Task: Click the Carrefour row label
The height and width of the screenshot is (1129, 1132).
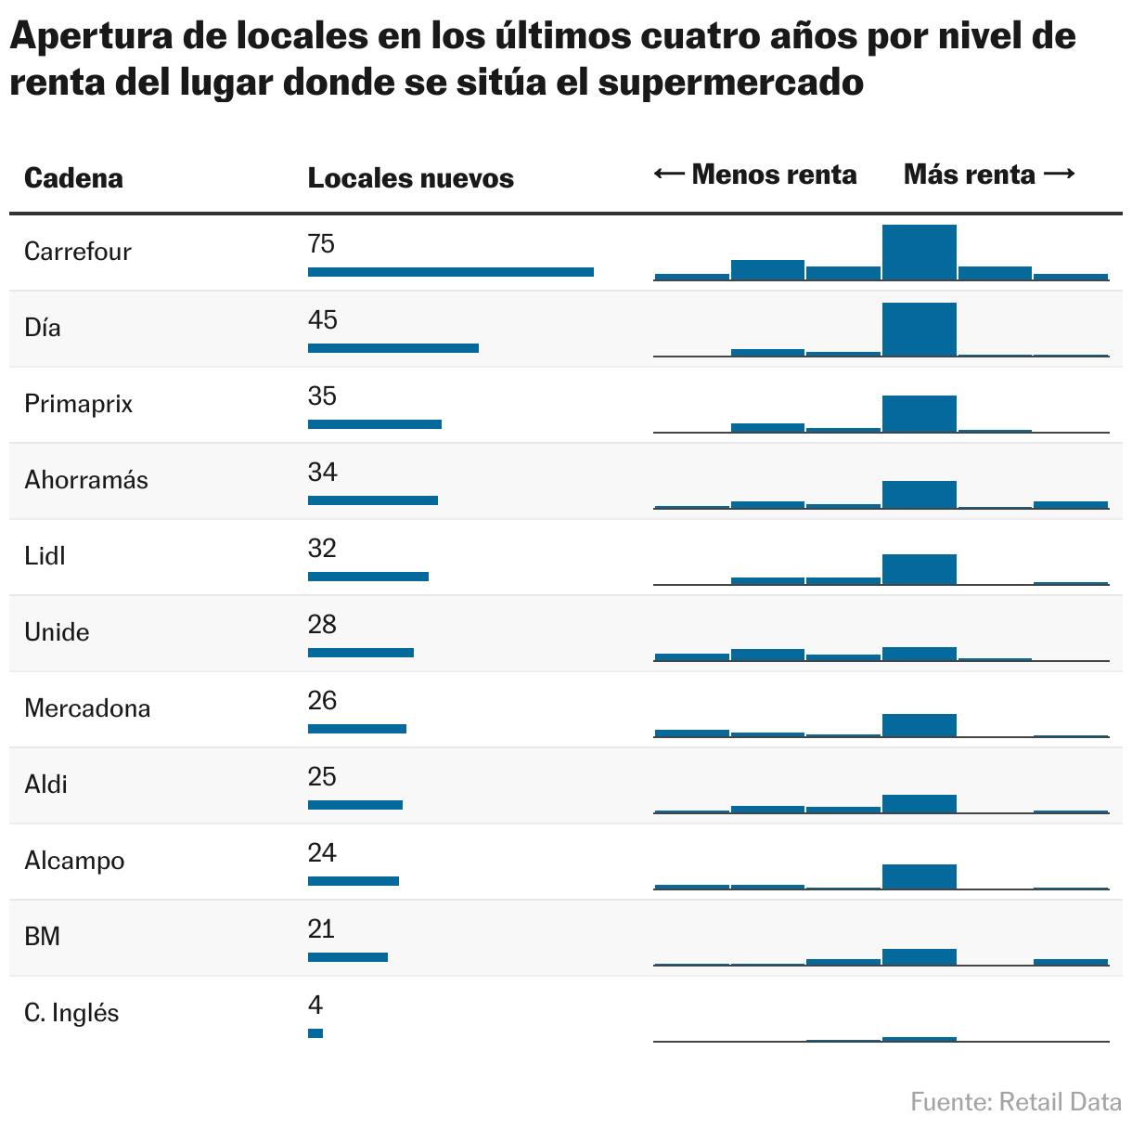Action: pos(78,252)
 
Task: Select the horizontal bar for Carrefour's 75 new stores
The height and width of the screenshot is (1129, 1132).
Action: pos(450,272)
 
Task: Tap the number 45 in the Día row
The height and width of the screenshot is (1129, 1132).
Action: pos(323,320)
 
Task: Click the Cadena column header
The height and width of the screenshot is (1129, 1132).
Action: pos(73,178)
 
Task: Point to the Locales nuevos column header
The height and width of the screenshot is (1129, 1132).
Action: pos(410,178)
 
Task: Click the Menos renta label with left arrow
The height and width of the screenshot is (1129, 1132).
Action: pos(755,175)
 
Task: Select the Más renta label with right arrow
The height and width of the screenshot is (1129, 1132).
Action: pos(989,175)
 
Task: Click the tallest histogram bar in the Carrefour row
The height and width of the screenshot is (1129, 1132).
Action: pos(919,253)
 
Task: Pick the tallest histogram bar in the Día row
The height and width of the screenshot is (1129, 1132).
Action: pos(919,330)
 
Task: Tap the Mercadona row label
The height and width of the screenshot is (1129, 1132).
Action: pos(87,708)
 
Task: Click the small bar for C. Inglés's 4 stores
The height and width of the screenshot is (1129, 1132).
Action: pos(315,1033)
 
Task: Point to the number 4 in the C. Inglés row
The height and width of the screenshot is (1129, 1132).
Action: pos(315,1006)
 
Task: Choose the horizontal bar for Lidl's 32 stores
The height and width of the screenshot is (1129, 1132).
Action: pos(368,577)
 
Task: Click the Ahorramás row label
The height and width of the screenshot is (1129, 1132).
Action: pos(86,480)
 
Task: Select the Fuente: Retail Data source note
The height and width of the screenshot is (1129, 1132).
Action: pos(1016,1102)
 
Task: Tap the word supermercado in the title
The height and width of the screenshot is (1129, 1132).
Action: pos(731,83)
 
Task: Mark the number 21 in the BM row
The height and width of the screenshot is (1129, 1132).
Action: pos(321,929)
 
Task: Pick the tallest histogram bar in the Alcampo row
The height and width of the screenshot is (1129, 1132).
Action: pos(919,876)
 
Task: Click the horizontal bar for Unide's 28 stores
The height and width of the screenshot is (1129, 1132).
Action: pos(361,653)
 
